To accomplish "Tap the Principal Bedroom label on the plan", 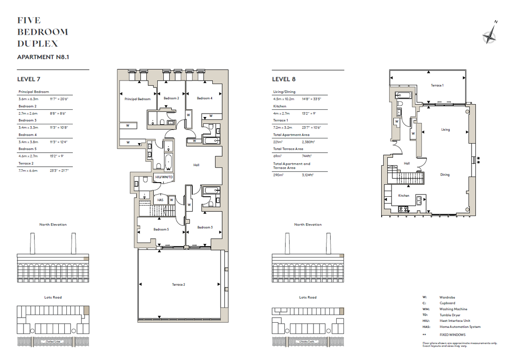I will point(137,99).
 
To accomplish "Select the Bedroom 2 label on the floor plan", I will point(171,98).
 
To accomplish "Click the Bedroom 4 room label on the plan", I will point(204,98).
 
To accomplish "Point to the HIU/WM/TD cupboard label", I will point(164,177).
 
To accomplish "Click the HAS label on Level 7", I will point(161,200).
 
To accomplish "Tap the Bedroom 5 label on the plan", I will point(161,229).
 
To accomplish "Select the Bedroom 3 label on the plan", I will point(204,227).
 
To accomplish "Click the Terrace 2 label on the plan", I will point(178,285).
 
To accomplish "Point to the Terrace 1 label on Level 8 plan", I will point(437,85).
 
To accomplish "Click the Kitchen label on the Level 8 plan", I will point(404,195).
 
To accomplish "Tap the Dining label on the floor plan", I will point(445,174).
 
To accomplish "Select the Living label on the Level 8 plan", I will point(445,129).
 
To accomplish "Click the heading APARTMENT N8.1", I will point(43,57).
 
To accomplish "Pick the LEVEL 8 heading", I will point(284,79).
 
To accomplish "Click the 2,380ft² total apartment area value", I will point(308,142).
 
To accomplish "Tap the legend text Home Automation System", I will point(460,327).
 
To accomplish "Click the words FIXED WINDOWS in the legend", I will point(452,335).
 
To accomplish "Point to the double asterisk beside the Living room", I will point(479,160).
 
